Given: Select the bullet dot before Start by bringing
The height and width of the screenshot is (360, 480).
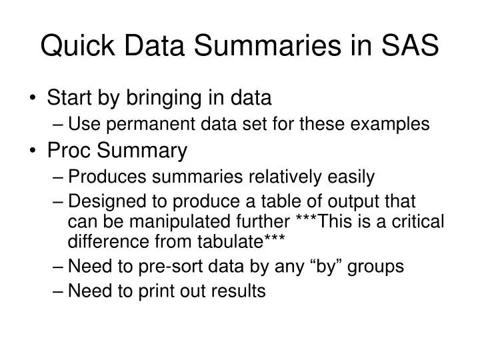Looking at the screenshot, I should (x=34, y=99).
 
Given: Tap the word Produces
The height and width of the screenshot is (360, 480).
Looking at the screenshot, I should (x=111, y=177).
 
